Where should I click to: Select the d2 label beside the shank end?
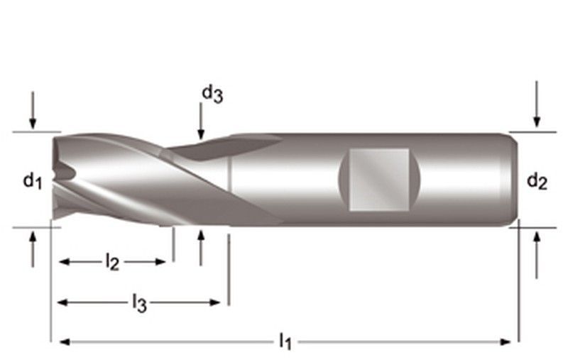click(x=537, y=182)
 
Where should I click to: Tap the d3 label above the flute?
click(x=212, y=93)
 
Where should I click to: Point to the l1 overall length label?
click(x=285, y=342)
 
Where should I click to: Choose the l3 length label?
click(x=139, y=303)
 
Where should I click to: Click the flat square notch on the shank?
click(x=379, y=179)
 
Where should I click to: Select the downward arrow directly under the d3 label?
click(x=201, y=122)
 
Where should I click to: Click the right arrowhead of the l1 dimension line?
click(x=506, y=342)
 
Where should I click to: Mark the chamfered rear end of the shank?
click(x=513, y=179)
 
